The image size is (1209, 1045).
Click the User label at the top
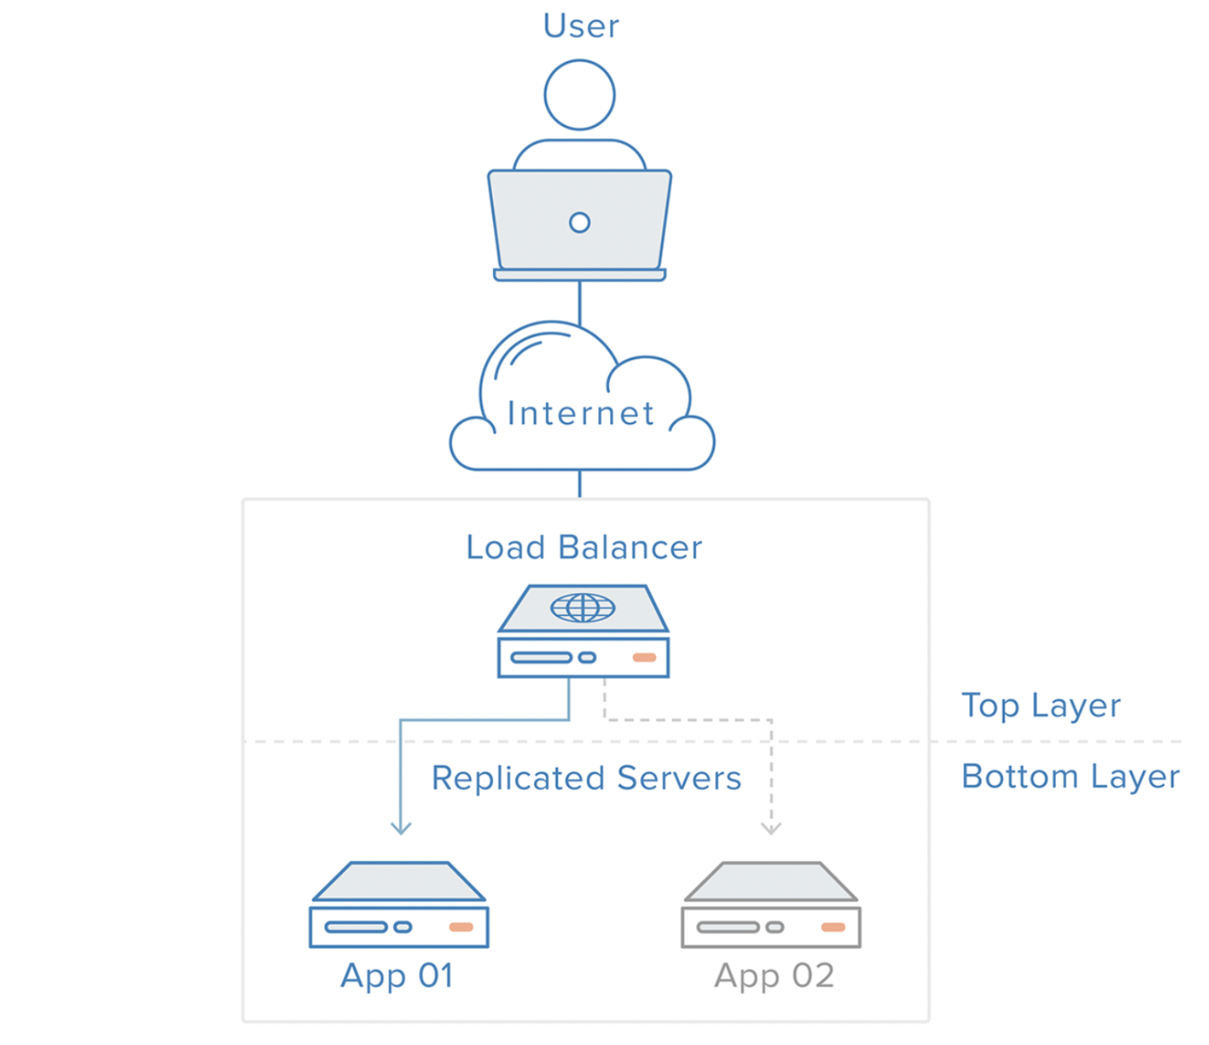coord(580,26)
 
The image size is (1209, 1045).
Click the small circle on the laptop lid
coord(580,222)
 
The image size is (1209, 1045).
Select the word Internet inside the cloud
coord(580,413)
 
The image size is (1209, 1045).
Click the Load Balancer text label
coord(584,547)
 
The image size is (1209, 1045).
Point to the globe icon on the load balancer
coord(582,607)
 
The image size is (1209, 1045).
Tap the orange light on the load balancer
coord(645,658)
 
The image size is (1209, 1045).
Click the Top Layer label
coord(1041,705)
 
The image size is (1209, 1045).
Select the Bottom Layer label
coord(1071,777)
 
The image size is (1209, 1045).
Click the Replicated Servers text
coord(587,778)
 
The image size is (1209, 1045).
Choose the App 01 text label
coord(397,976)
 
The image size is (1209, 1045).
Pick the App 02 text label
coord(775,976)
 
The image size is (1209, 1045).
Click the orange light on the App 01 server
coord(461,926)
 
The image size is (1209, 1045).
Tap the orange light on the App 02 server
coord(834,926)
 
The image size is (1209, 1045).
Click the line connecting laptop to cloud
coord(580,303)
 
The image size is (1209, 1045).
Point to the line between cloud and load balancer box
coord(580,484)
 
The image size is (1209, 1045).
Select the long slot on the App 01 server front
coord(357,926)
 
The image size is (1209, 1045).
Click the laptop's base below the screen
coord(580,275)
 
